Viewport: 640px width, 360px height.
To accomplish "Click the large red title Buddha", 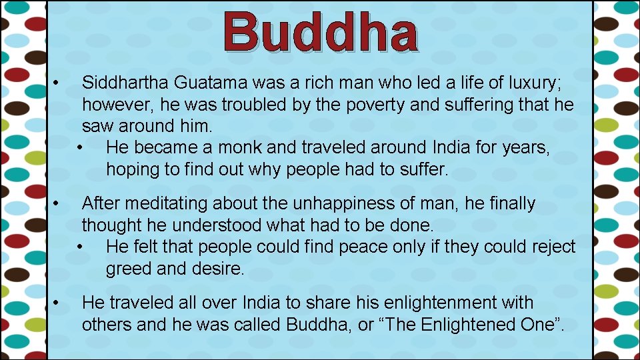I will coord(321,32).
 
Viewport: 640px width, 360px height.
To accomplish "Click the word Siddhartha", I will coord(125,83).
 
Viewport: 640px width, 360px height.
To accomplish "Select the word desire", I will coord(221,269).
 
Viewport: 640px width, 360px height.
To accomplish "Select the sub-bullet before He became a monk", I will coord(81,147).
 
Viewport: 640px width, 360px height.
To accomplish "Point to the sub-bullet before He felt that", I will coord(81,247).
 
